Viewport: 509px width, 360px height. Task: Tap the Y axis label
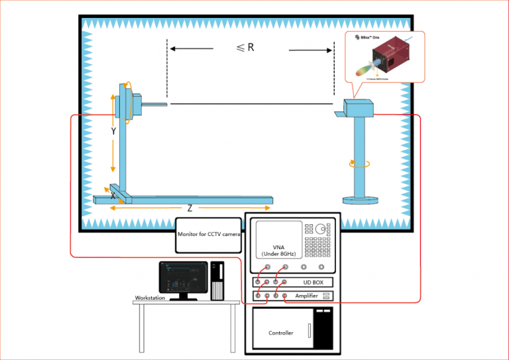pyautogui.click(x=113, y=131)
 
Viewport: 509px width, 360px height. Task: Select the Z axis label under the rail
pyautogui.click(x=190, y=208)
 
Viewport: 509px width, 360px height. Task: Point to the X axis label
pyautogui.click(x=113, y=197)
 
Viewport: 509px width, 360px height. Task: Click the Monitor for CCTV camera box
pyautogui.click(x=209, y=235)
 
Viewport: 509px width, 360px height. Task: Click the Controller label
pyautogui.click(x=281, y=333)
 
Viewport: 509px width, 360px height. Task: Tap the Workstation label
pyautogui.click(x=150, y=298)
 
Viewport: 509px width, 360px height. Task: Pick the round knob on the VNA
pyautogui.click(x=321, y=229)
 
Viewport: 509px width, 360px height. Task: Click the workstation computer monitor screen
pyautogui.click(x=183, y=278)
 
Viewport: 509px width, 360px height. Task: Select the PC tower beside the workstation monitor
pyautogui.click(x=217, y=281)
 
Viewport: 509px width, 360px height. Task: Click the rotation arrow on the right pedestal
pyautogui.click(x=359, y=163)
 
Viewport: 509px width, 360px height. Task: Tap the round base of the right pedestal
pyautogui.click(x=360, y=199)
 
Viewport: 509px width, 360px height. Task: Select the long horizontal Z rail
pyautogui.click(x=199, y=199)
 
